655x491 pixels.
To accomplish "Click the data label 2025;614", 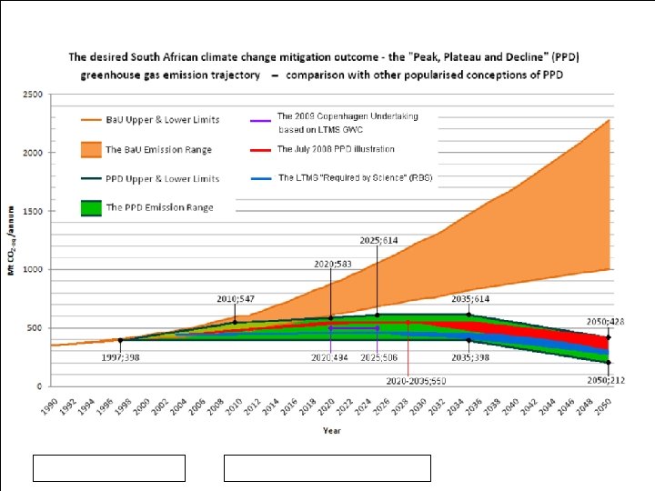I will click(x=377, y=240).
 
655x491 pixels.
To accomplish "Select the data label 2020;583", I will click(x=333, y=264).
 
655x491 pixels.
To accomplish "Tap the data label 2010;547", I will click(x=235, y=297).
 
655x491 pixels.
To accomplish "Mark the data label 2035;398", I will click(x=469, y=357).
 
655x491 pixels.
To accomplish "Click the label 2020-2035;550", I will click(x=416, y=380).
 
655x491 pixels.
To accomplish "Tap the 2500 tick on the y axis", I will click(x=34, y=95).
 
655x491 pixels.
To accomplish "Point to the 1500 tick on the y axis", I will click(x=34, y=211).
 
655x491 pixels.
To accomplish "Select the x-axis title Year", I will click(x=332, y=430).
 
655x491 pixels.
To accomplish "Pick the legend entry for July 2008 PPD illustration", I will click(x=336, y=148).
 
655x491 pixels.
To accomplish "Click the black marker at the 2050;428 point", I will click(x=609, y=336).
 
